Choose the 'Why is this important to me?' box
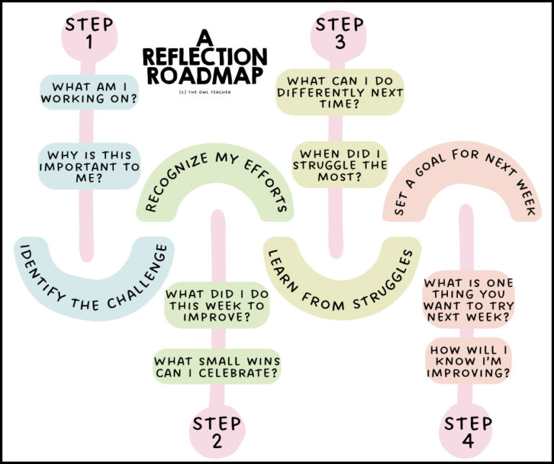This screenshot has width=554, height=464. pyautogui.click(x=89, y=166)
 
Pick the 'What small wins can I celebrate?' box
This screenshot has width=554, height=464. pyautogui.click(x=216, y=367)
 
